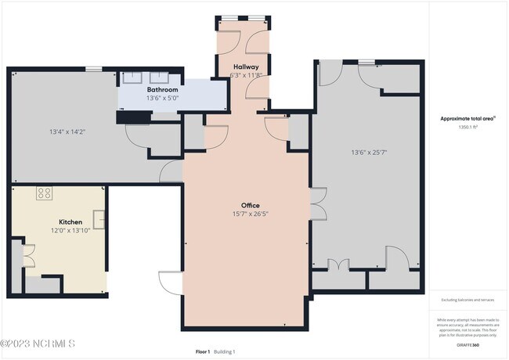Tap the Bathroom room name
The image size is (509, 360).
click(162, 90)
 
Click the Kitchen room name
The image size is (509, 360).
click(49, 221)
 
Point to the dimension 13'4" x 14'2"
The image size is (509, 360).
click(67, 131)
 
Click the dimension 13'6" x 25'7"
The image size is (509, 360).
click(368, 153)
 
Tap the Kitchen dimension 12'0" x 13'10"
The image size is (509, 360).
click(49, 230)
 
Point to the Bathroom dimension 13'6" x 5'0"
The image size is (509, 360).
click(162, 99)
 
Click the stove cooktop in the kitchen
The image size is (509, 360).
click(44, 193)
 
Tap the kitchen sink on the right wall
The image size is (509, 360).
click(99, 219)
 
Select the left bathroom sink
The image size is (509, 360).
click(133, 77)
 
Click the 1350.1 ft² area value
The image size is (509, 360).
click(467, 127)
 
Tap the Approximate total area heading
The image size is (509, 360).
click(467, 119)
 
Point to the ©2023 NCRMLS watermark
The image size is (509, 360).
click(38, 344)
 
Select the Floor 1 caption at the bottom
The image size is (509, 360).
click(203, 352)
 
